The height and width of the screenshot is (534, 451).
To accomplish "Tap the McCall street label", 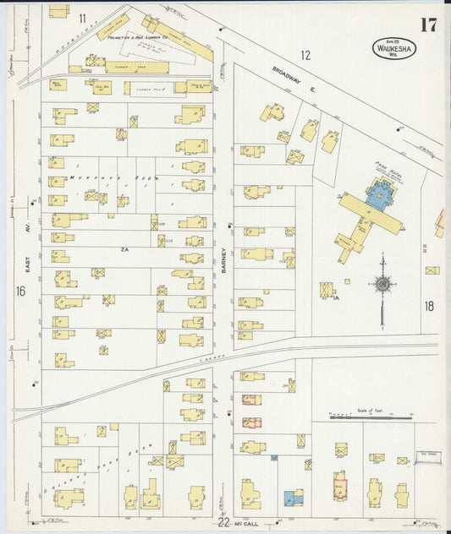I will point(250,524).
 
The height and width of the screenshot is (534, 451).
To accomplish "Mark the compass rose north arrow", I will point(383,287).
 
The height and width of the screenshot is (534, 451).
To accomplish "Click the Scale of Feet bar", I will point(371,416).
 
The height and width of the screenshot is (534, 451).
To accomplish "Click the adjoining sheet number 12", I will point(305,56).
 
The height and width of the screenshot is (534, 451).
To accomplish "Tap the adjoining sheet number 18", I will point(429,306).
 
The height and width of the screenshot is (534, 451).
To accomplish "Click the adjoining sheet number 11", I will point(83,18).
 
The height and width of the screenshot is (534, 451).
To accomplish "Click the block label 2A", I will point(124,250).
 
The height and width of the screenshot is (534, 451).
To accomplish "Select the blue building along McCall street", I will point(293,498).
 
